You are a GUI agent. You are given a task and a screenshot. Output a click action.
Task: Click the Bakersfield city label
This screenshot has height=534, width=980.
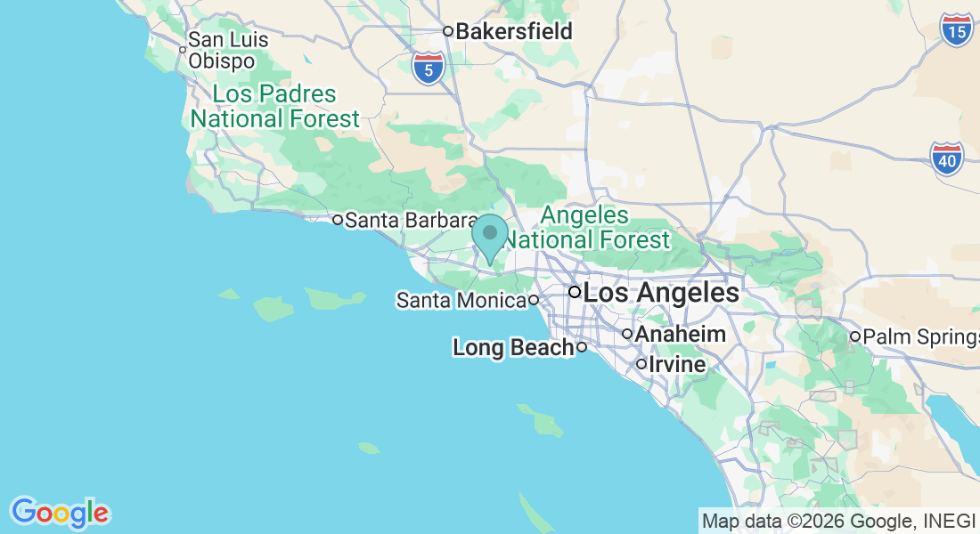pos(514,31)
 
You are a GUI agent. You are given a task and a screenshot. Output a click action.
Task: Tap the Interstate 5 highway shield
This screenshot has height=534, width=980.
pos(429,68)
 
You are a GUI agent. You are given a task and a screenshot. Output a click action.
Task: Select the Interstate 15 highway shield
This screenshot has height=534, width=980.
pos(956,30)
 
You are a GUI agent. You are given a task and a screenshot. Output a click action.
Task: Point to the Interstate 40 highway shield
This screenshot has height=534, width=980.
pos(946,158)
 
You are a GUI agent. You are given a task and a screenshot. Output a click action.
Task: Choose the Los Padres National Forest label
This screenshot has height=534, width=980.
pos(275,106)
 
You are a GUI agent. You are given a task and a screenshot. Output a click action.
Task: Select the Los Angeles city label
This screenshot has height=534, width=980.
pos(661,292)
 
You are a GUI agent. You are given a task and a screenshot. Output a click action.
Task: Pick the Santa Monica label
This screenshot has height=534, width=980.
pos(461,301)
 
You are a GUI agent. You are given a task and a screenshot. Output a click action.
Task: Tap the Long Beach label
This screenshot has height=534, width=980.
pos(512,347)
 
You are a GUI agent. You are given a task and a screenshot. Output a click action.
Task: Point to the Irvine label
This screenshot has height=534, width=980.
pos(677,365)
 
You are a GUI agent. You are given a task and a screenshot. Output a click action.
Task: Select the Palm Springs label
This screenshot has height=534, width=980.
pos(920,336)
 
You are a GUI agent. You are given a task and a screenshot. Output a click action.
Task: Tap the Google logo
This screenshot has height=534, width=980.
pos(60,513)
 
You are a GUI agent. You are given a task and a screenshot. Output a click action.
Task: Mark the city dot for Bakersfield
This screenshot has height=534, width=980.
pos(448,31)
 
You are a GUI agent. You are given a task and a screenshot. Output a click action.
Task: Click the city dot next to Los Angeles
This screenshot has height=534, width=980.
pos(575,292)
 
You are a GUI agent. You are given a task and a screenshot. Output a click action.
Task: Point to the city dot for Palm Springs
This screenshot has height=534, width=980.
pos(854,336)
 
